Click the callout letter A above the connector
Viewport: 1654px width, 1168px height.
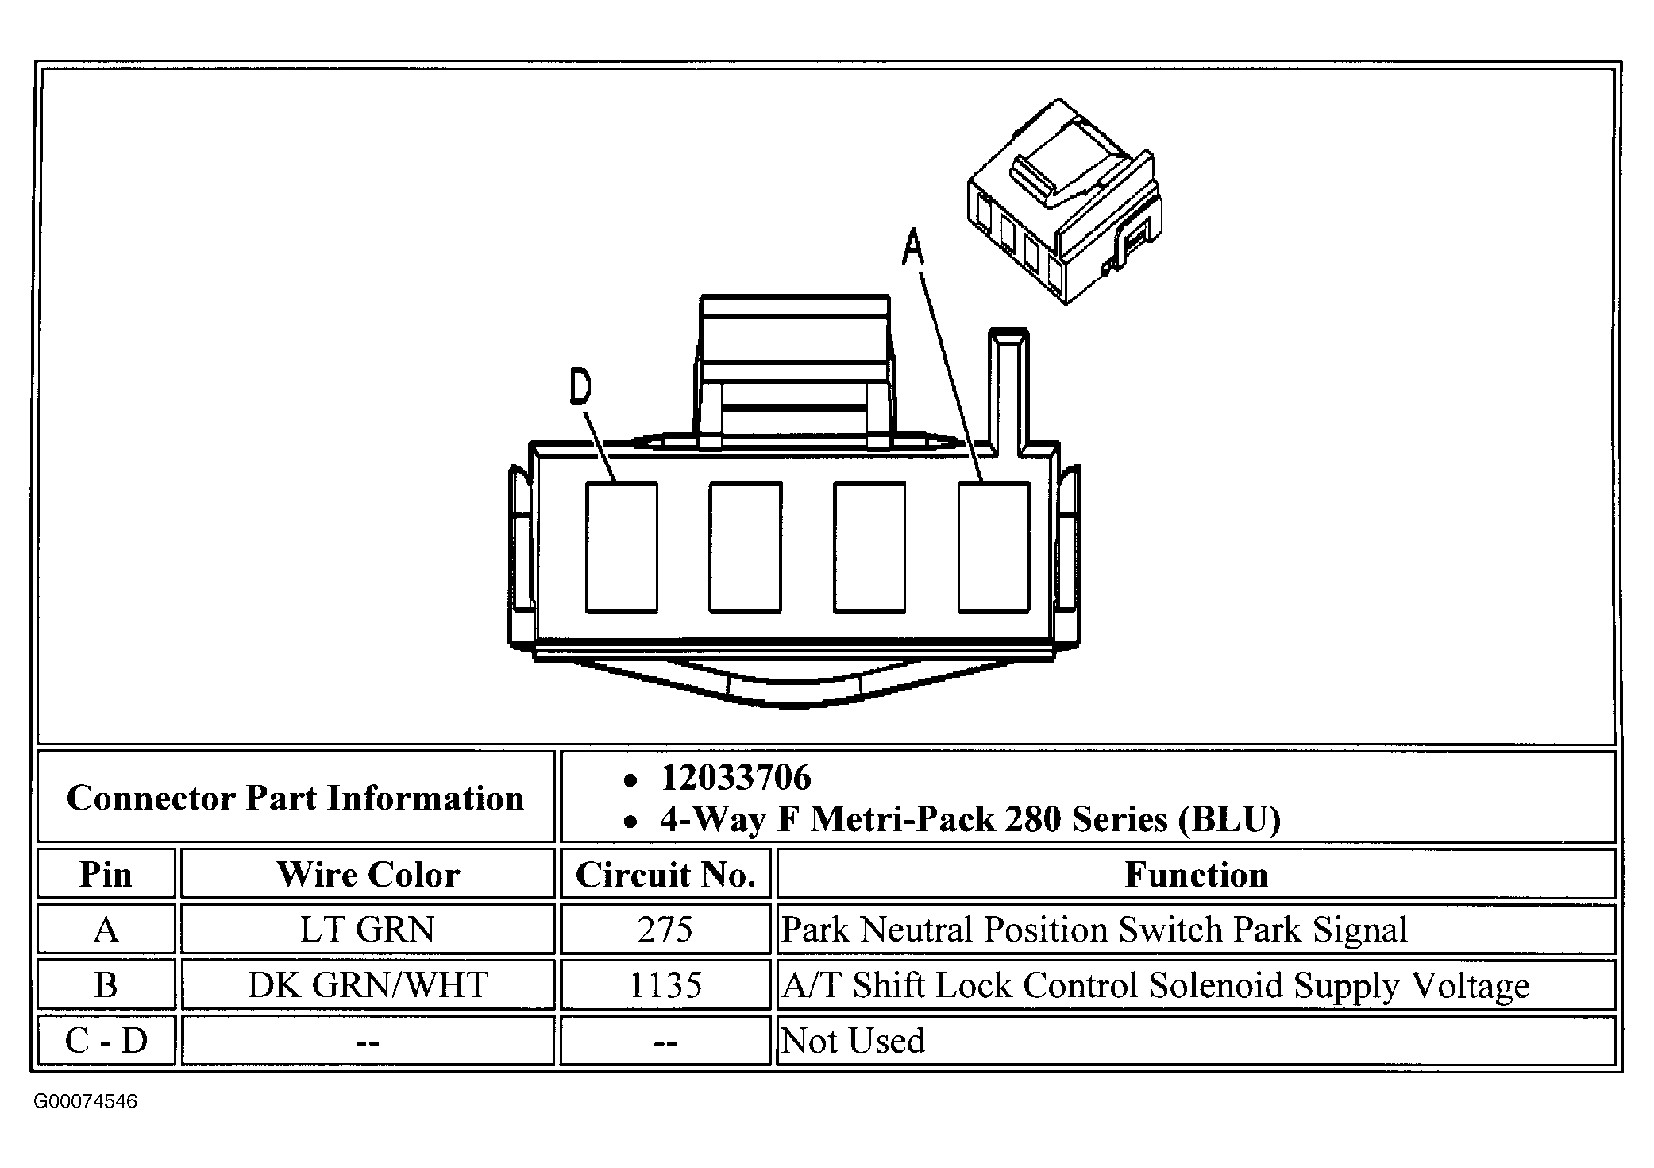(x=913, y=247)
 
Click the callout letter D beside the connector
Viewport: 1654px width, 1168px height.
(x=580, y=387)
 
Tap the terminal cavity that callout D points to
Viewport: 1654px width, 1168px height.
(x=621, y=547)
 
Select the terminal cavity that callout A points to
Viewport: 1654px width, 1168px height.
(x=993, y=547)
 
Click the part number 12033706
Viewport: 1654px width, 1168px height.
(x=736, y=778)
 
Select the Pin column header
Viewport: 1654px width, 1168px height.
(x=106, y=875)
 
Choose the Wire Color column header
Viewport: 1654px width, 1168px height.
(x=368, y=875)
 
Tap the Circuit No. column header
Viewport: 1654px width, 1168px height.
(x=665, y=875)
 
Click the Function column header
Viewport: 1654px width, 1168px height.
(x=1196, y=875)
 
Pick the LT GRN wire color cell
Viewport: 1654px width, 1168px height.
(x=368, y=930)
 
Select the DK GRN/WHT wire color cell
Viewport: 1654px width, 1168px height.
(x=368, y=985)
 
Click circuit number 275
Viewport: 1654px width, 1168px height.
(x=665, y=930)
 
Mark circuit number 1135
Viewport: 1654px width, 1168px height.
(x=665, y=985)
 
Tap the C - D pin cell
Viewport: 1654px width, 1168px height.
(x=106, y=1040)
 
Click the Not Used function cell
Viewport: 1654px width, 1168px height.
(x=853, y=1041)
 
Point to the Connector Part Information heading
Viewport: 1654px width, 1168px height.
(x=295, y=798)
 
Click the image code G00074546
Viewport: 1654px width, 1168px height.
(x=85, y=1102)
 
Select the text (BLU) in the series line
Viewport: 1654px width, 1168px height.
(x=1229, y=819)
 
